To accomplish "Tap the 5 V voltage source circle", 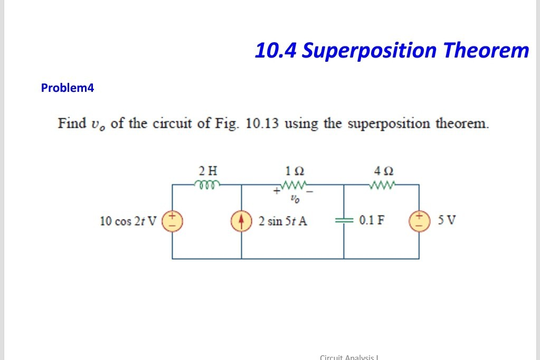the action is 419,220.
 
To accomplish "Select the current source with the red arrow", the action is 242,221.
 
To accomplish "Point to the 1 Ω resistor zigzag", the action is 293,185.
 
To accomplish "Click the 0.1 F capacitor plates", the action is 344,220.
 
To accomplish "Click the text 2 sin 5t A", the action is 283,221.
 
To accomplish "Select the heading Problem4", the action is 67,88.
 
